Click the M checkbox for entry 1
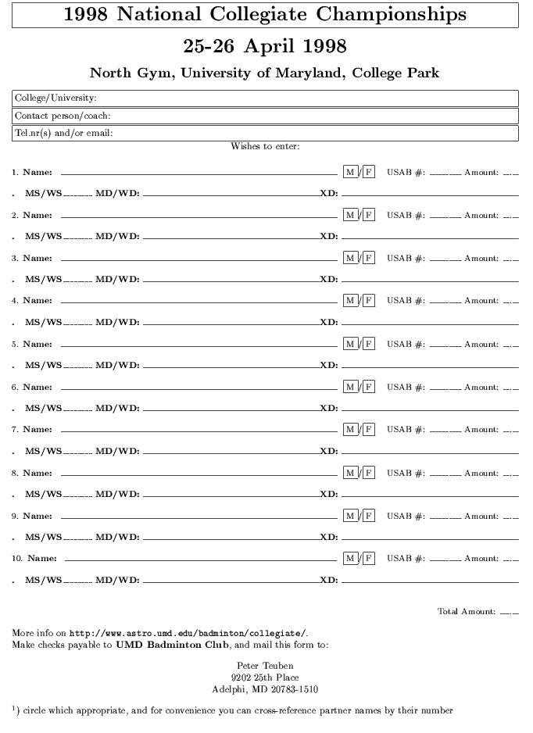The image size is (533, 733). pos(350,172)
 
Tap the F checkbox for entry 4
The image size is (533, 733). pos(368,301)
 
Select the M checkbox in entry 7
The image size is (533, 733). pos(350,430)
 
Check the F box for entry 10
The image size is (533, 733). pos(368,559)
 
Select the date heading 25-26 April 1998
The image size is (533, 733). pos(265,46)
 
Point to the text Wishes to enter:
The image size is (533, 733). pos(265,146)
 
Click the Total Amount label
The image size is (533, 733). pos(467,612)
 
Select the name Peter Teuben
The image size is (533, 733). pos(265,666)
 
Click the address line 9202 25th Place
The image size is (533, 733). pos(265,678)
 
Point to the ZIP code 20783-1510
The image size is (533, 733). pos(292,689)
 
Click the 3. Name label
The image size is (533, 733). pos(32,258)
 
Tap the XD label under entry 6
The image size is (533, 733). pos(329,408)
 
